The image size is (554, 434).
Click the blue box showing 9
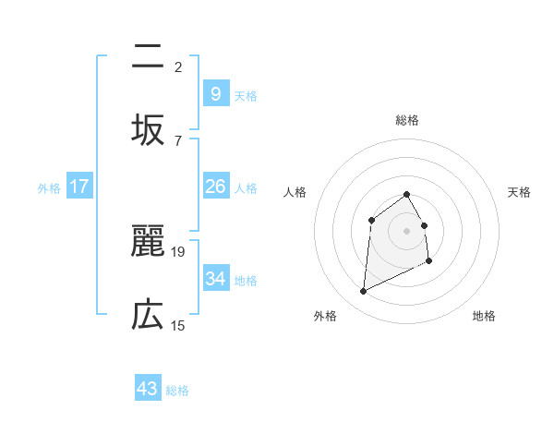(215, 93)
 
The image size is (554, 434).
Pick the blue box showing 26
(215, 187)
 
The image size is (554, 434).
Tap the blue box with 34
(215, 278)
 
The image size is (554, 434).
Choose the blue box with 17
(79, 187)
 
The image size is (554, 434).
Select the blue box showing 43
(148, 389)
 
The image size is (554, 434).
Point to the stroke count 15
(178, 325)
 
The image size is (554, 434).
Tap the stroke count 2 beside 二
(178, 66)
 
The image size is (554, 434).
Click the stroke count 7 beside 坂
(178, 140)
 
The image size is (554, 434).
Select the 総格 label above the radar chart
(406, 120)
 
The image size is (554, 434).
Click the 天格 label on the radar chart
(519, 192)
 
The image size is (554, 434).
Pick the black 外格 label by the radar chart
(324, 316)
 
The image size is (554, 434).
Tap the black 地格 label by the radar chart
(484, 316)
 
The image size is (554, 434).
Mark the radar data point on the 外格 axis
(363, 292)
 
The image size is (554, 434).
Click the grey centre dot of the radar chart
(406, 231)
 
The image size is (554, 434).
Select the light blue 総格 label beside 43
(177, 391)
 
